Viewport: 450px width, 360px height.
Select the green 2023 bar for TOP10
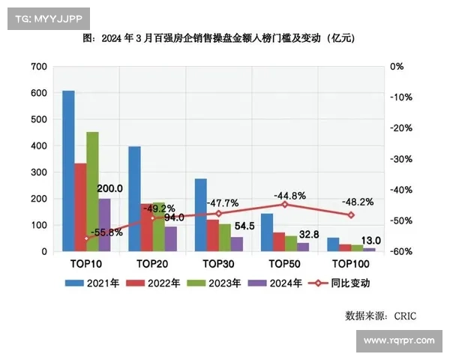tap(92, 192)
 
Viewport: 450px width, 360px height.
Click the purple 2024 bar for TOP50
tap(303, 247)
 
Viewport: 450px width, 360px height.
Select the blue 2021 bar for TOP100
tap(333, 244)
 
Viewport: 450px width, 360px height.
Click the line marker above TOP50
tap(284, 204)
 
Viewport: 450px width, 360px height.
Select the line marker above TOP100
tap(350, 215)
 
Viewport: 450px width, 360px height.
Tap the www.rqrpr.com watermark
tap(398, 342)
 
